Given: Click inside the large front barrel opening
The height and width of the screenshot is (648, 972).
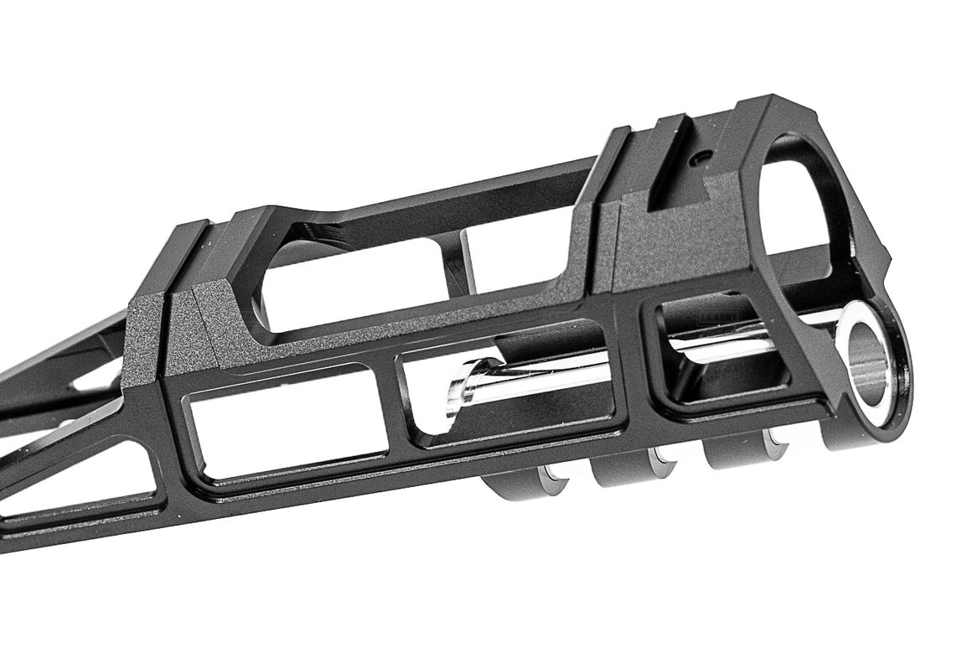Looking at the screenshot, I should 796,201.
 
